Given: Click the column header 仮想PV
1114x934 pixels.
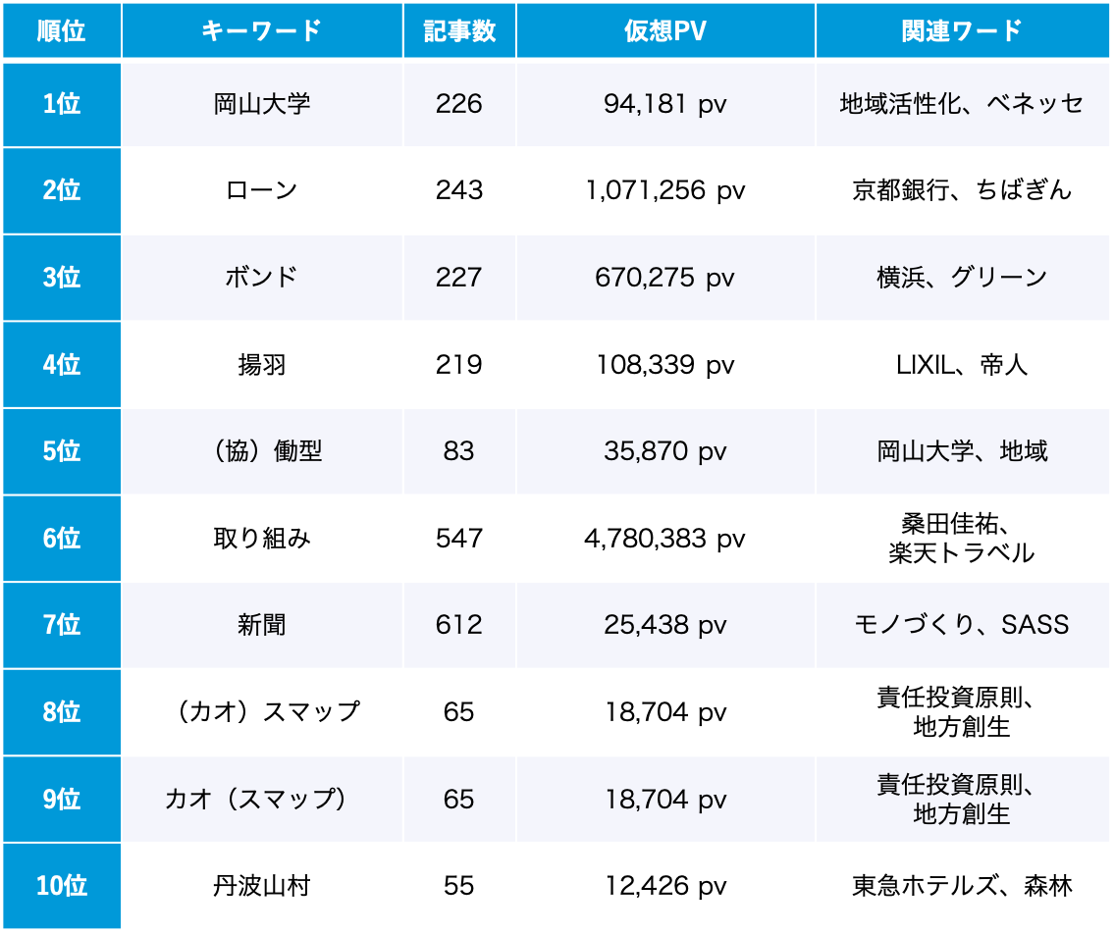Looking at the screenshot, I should [665, 30].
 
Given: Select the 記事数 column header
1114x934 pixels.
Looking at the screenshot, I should [459, 30].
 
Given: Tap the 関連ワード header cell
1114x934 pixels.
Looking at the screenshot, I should [962, 30].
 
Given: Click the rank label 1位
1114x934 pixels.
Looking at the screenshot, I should [62, 104].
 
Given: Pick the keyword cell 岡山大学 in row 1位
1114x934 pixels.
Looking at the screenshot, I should [262, 104].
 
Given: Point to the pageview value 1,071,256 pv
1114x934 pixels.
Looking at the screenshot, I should [665, 190].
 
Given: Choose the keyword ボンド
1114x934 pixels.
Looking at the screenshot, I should [262, 278].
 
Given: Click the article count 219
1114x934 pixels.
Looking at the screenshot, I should [459, 365].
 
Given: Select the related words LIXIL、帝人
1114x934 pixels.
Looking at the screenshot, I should [962, 365].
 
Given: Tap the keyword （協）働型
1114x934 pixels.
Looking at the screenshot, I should [262, 451].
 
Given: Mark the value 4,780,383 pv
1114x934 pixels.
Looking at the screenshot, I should [665, 539].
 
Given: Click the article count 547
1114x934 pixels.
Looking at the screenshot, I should [459, 539].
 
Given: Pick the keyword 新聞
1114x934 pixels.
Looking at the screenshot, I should [262, 625].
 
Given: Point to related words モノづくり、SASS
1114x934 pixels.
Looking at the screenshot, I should [962, 625].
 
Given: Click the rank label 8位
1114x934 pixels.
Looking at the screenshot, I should [62, 712].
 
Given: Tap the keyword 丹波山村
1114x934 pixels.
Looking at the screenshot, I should [262, 887].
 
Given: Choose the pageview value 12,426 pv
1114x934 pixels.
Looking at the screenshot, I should [665, 887].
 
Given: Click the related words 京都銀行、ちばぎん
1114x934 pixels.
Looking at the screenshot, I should [962, 190].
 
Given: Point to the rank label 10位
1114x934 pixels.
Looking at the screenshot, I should [62, 887].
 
